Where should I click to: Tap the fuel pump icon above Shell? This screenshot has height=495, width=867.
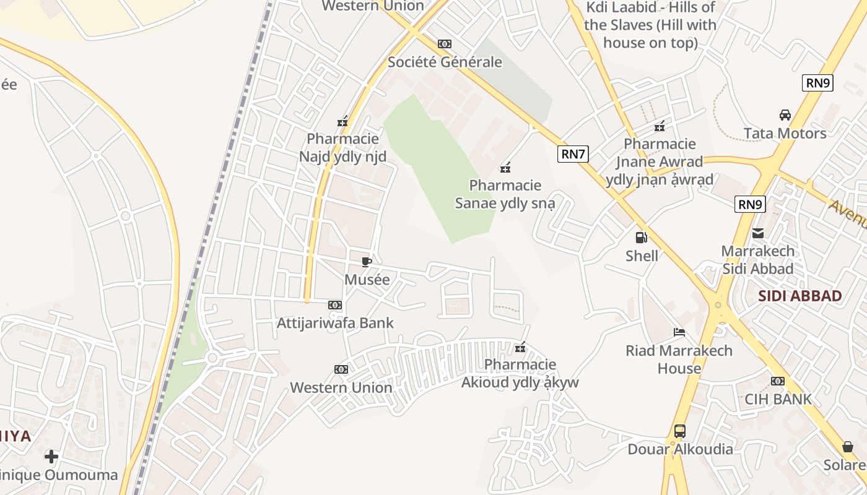coord(642,237)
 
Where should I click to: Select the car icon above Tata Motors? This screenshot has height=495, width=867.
coord(785,115)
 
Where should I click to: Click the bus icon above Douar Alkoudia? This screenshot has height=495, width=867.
coord(679,431)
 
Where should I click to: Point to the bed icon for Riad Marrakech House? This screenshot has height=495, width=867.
coord(679,332)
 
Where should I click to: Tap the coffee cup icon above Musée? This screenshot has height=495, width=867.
coord(367,262)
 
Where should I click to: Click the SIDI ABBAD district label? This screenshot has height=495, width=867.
coord(800,296)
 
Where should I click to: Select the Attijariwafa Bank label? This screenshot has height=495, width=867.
coord(335,322)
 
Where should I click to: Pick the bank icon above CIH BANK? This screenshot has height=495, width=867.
coord(778,381)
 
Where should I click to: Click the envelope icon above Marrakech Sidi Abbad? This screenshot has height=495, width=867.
coord(757,233)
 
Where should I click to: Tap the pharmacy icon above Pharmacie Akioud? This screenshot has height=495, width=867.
coord(520,347)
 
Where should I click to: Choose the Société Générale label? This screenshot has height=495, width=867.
coord(445,62)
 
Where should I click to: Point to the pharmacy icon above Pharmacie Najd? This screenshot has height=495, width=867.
coord(342,121)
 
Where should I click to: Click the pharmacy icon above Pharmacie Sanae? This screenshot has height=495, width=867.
coord(505,167)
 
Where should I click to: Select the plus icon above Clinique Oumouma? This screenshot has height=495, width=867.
coord(51,457)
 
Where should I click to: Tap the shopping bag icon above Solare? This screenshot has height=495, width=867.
coord(848,447)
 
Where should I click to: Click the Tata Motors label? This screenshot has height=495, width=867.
coord(785,133)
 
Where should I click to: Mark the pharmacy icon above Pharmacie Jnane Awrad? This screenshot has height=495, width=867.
coord(660,126)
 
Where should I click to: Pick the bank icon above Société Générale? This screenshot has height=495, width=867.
coord(445,44)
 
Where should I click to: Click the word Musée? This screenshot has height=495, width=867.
coord(367,280)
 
